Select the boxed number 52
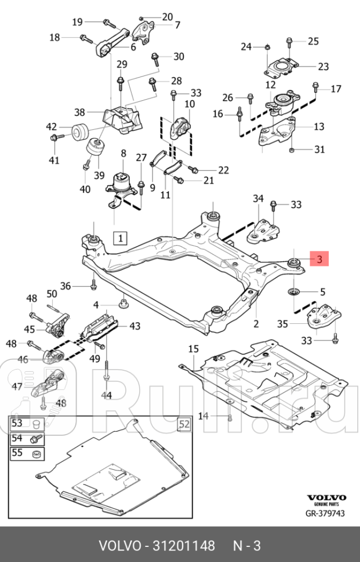(x=184, y=424)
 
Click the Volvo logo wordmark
(x=326, y=497)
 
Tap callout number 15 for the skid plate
(x=193, y=349)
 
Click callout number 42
(x=52, y=127)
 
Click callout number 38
(x=79, y=112)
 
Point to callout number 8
(x=123, y=154)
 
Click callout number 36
(x=66, y=285)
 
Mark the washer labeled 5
(x=293, y=290)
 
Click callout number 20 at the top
(x=167, y=16)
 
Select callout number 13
(x=319, y=126)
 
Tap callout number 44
(x=106, y=395)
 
